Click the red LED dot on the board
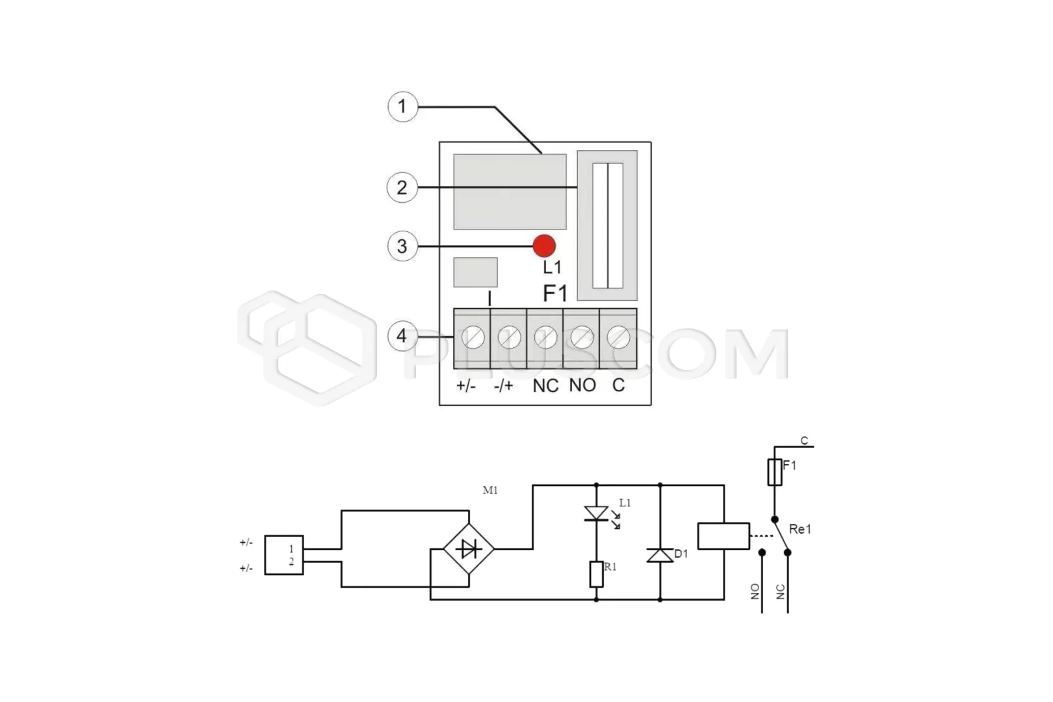point(544,246)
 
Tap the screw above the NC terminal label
point(546,337)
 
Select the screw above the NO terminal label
point(582,337)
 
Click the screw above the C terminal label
point(619,337)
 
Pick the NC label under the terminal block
point(545,386)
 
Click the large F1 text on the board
point(555,293)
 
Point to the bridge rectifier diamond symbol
point(469,549)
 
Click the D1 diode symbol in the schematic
point(660,555)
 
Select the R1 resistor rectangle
point(597,574)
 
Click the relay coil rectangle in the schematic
point(723,536)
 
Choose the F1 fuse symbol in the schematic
point(775,472)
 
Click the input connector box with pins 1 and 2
point(284,555)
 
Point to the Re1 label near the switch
point(800,530)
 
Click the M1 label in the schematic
point(490,490)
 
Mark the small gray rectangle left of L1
point(475,272)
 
